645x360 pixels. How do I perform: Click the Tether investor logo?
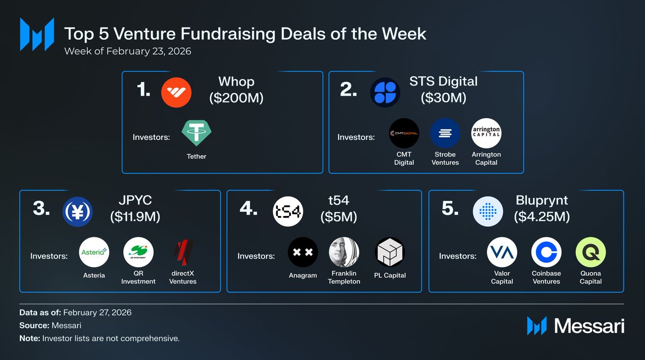point(196,133)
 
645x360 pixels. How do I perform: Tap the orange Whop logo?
point(176,92)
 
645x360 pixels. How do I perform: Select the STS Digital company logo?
point(385,92)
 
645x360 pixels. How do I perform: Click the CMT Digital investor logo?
point(404,133)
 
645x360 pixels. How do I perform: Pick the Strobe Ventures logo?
point(445,133)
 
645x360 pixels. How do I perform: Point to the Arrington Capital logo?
point(486,133)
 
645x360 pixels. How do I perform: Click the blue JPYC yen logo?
point(77,212)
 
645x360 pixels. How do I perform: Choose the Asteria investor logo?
point(94,252)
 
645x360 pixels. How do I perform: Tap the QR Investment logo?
point(139,252)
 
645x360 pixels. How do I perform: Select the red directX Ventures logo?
point(183,252)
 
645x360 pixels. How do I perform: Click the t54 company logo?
point(288,212)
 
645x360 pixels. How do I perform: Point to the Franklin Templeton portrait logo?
point(344,252)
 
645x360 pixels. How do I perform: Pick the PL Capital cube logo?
point(390,252)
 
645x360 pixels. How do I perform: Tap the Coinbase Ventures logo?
point(546,252)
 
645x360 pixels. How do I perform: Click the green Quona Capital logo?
point(591,252)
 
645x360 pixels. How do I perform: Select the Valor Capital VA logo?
point(502,252)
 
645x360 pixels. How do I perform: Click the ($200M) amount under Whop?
point(236,98)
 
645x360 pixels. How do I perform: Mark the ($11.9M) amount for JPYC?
point(135,217)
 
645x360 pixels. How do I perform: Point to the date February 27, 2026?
point(97,313)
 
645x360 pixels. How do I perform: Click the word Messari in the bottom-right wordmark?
point(589,326)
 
